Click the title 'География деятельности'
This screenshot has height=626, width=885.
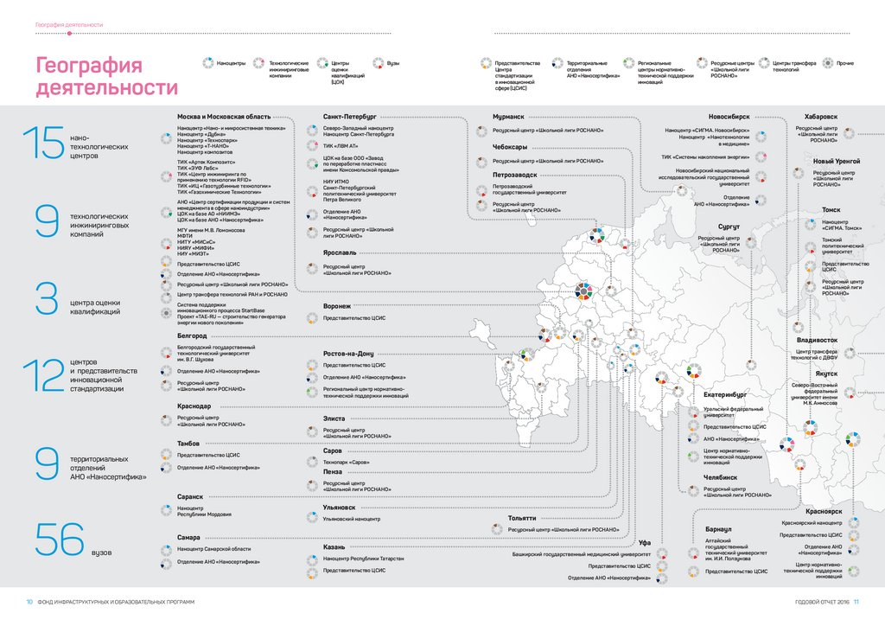coord(106,77)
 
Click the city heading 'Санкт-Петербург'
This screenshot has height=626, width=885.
coord(350,116)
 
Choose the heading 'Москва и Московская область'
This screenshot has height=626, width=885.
coord(224,116)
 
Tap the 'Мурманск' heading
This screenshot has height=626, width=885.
coord(509,116)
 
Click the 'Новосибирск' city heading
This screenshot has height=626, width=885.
coord(729,116)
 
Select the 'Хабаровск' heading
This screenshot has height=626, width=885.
coord(820,116)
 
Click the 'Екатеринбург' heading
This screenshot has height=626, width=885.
coord(724,394)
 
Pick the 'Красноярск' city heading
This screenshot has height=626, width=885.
coord(823,512)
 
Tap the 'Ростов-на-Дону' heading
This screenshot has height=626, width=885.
coord(348,354)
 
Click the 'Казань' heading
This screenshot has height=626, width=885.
coord(334,547)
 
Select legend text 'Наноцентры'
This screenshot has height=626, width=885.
coord(232,63)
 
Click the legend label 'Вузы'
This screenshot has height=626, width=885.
coord(393,63)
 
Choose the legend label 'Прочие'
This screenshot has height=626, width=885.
coord(845,63)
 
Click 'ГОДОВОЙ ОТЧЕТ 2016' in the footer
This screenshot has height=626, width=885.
coord(823,602)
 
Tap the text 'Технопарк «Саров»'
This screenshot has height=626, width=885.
coord(346,463)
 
